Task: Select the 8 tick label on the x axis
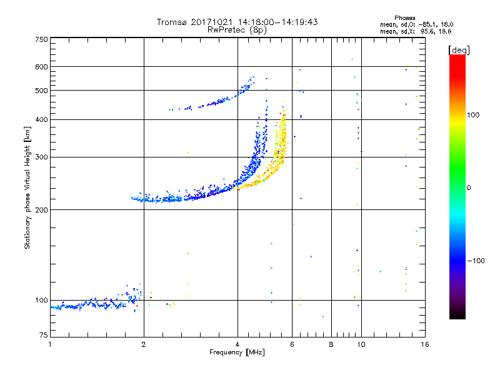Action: (331, 344)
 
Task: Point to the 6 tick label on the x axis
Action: (292, 344)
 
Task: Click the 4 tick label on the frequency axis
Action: (237, 344)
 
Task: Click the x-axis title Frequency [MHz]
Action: (237, 353)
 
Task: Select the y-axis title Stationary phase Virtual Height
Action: (27, 187)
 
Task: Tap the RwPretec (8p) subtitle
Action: (237, 29)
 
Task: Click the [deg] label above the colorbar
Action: (459, 49)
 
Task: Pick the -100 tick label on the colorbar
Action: (477, 261)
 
